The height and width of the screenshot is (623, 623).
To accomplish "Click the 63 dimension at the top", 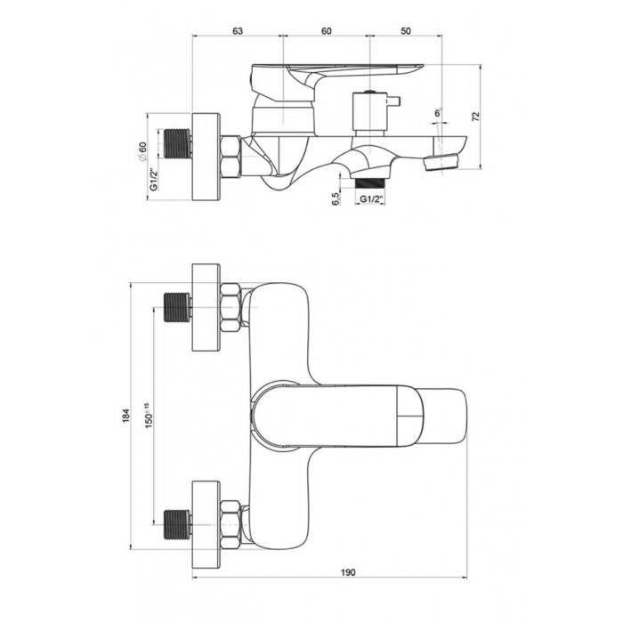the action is point(238,31).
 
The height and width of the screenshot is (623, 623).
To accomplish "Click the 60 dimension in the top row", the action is point(327,31).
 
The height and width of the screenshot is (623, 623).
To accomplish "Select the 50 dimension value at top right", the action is point(406,31).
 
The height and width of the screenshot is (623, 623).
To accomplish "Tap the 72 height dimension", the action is point(476,117).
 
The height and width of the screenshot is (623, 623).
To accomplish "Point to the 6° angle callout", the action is point(438,113).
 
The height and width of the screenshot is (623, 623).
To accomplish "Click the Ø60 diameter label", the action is point(142,151).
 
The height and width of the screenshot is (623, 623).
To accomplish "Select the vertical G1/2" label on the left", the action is point(154,180).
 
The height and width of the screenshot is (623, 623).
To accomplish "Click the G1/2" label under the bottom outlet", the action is point(370,198).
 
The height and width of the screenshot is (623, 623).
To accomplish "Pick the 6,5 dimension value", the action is point(336,198).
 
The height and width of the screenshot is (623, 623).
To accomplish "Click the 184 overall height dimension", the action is point(126,416).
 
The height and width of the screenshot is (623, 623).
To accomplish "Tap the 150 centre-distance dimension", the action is point(149,416).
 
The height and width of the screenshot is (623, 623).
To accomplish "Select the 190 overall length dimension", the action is point(348,572).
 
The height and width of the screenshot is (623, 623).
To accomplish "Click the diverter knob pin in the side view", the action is point(393,101).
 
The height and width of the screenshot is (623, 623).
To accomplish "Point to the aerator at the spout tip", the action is point(441,162).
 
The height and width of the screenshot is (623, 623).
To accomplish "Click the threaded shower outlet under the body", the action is point(369,183).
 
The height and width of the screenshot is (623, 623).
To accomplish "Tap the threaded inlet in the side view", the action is point(175,143).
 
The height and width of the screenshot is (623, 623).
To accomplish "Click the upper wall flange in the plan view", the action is point(206,307).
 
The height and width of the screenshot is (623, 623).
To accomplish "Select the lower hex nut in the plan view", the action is point(231,524).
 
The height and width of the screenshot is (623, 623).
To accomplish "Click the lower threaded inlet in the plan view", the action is point(177,524).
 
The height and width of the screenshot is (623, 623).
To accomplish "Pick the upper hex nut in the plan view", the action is point(231,307).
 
